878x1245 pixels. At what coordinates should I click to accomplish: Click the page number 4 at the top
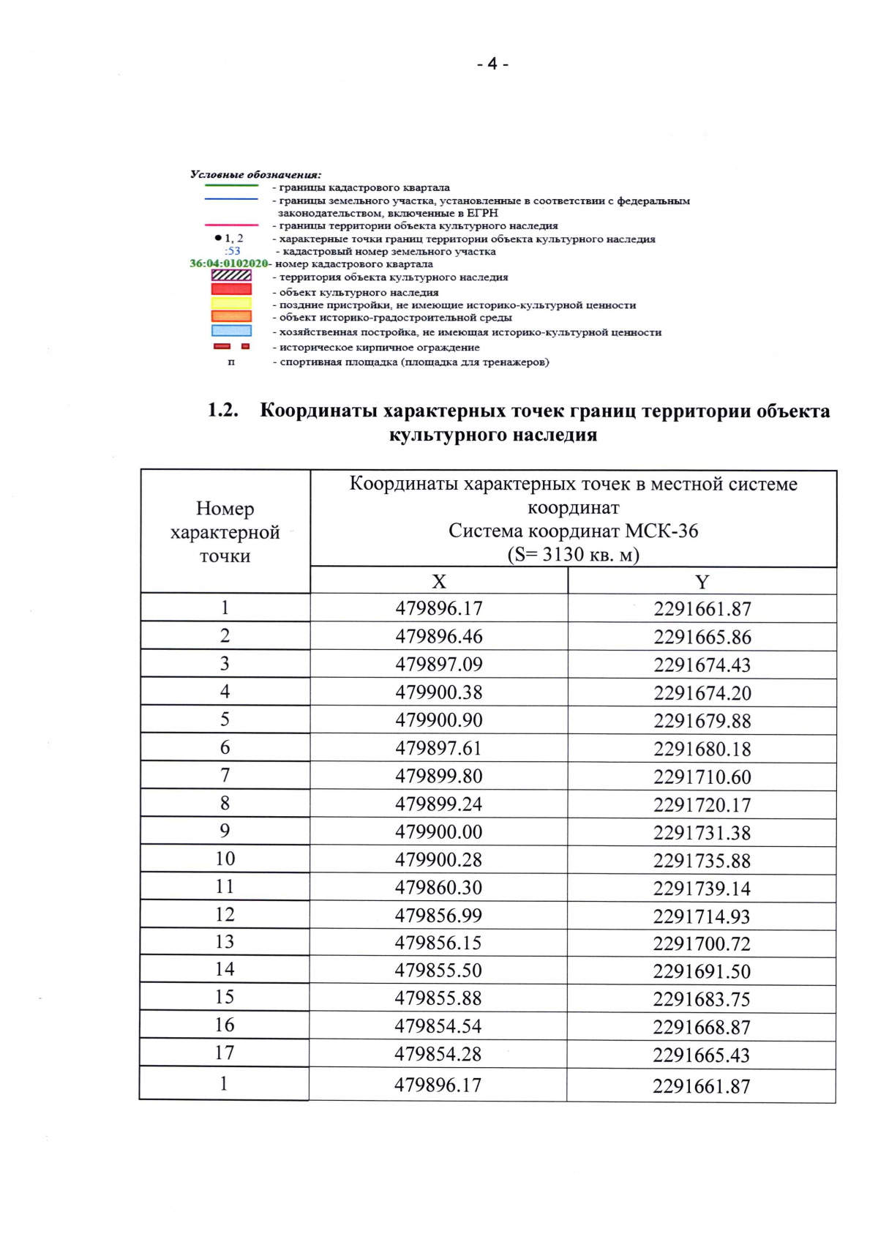coord(492,64)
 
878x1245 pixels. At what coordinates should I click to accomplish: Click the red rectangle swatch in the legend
coord(231,290)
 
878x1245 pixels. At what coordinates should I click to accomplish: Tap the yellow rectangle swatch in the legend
coord(231,303)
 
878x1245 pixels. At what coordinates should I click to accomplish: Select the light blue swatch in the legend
coord(231,331)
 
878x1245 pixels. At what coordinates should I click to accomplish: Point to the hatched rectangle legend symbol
coord(231,276)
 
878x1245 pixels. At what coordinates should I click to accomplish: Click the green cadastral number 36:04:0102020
coord(229,263)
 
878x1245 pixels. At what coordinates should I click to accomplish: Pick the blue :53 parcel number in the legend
coord(233,251)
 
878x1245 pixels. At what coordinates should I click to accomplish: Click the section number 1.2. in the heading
coord(223,410)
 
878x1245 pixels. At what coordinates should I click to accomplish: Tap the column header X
coord(438,581)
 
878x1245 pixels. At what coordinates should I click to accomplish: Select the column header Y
coord(702,582)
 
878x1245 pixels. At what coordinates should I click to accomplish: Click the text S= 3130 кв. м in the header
coord(573,555)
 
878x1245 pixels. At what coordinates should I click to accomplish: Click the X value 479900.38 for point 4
coord(439,692)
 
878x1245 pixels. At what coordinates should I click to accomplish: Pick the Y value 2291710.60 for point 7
coord(702,777)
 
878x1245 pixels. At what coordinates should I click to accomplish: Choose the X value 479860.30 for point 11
coord(438,888)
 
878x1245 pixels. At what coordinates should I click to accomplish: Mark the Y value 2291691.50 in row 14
coord(702,972)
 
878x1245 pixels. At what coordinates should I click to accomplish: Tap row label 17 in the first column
coord(225,1053)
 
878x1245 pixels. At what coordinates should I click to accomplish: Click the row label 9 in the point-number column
coord(225,831)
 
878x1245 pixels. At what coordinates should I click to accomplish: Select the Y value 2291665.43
coord(702,1055)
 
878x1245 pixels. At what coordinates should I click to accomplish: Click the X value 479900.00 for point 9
coord(439,832)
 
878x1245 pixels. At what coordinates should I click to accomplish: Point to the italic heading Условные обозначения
coord(255,174)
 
